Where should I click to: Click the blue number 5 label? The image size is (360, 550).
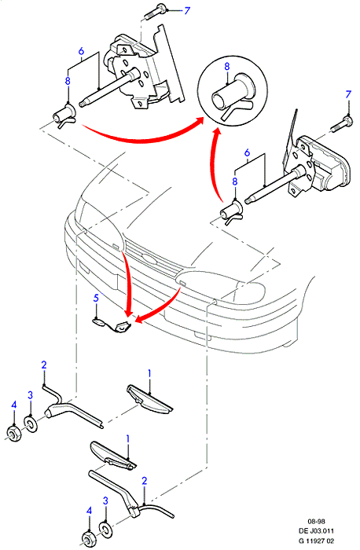pyautogui.click(x=96, y=298)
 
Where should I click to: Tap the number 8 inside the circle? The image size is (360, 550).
pyautogui.click(x=226, y=66)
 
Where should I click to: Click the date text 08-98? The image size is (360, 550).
pyautogui.click(x=316, y=521)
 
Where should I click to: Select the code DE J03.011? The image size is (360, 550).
pyautogui.click(x=316, y=531)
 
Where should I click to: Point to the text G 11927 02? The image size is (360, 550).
pyautogui.click(x=316, y=541)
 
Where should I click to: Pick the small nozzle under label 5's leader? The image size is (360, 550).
pyautogui.click(x=98, y=321)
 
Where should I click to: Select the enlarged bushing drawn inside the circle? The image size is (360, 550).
pyautogui.click(x=232, y=97)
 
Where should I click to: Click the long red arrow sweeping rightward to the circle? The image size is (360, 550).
pyautogui.click(x=141, y=137)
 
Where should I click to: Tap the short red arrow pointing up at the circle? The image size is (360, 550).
pyautogui.click(x=213, y=165)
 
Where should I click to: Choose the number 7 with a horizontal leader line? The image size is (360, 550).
pyautogui.click(x=187, y=10)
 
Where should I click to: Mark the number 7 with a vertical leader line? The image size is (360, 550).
pyautogui.click(x=347, y=94)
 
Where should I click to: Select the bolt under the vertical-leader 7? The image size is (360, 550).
pyautogui.click(x=342, y=123)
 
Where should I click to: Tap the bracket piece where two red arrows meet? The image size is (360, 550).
pyautogui.click(x=123, y=327)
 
